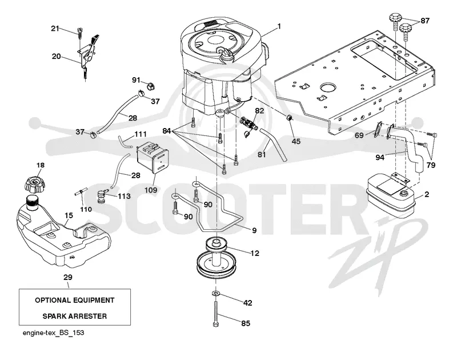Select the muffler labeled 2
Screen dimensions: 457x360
[391, 196]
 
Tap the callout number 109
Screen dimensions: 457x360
[151, 190]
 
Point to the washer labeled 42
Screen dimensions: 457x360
[215, 293]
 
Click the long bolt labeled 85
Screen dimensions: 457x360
[216, 314]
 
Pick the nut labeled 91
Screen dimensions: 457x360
[150, 86]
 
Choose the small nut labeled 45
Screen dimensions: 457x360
[289, 118]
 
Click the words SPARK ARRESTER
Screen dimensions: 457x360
[75, 316]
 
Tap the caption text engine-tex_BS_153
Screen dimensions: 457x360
[53, 333]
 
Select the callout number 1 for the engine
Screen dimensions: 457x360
[279, 26]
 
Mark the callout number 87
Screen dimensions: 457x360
[425, 21]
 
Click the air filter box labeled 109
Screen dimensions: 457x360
[153, 157]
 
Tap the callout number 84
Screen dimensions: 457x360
[166, 131]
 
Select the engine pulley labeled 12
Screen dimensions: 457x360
[216, 258]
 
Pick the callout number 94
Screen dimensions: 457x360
[380, 158]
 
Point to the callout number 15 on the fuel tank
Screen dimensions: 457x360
[69, 215]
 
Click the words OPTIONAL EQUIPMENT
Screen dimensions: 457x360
[75, 300]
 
